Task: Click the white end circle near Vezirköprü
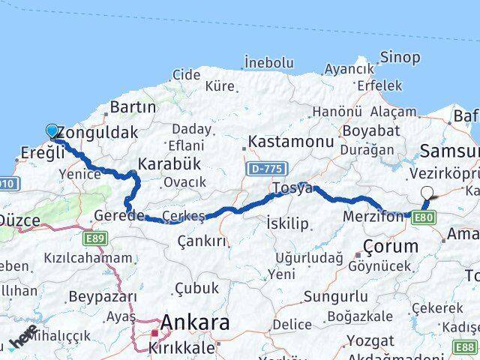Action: (427, 192)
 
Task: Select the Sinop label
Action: (400, 56)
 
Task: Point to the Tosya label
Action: (292, 189)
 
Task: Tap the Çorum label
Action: (390, 246)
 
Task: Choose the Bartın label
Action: (133, 107)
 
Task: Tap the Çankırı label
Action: (202, 241)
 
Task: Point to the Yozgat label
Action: (370, 341)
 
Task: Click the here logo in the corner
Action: (23, 341)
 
